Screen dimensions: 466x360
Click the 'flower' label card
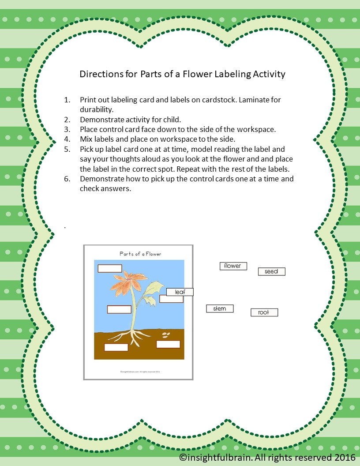click(233, 266)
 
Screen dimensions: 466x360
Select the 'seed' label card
click(271, 271)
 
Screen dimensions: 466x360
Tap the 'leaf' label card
click(180, 292)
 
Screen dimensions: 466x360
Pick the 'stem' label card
click(219, 309)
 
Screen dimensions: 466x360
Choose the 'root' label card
click(264, 312)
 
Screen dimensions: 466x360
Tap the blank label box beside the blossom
click(109, 268)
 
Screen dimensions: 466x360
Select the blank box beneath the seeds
click(168, 344)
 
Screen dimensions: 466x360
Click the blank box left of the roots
click(116, 347)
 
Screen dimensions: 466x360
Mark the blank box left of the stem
click(119, 309)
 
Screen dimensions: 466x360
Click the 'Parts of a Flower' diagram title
click(140, 254)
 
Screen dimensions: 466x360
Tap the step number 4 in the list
click(67, 139)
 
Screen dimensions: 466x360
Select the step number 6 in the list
click(67, 179)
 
